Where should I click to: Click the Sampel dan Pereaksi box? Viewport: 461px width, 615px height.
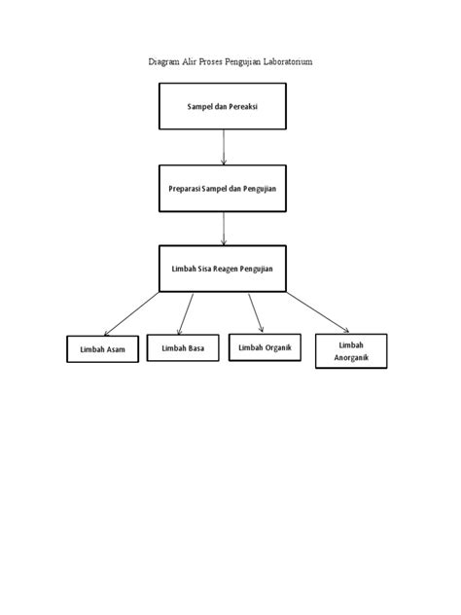click(222, 105)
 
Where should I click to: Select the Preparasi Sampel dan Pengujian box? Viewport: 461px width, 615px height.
click(222, 187)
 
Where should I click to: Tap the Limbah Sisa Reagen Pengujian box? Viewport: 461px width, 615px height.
click(222, 267)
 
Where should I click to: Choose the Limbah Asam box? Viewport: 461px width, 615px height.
click(103, 349)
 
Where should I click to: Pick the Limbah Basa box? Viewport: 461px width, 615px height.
click(183, 347)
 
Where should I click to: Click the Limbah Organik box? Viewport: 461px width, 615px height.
click(265, 346)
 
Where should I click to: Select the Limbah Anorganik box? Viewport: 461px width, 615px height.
click(351, 352)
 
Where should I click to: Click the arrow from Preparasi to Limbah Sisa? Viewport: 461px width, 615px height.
click(225, 228)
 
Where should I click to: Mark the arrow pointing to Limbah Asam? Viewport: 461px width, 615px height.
click(131, 312)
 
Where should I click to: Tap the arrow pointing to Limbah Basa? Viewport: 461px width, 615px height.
click(186, 311)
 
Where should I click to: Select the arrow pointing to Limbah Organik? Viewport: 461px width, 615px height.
click(255, 311)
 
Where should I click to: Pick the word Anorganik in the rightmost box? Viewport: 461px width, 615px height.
click(351, 359)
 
